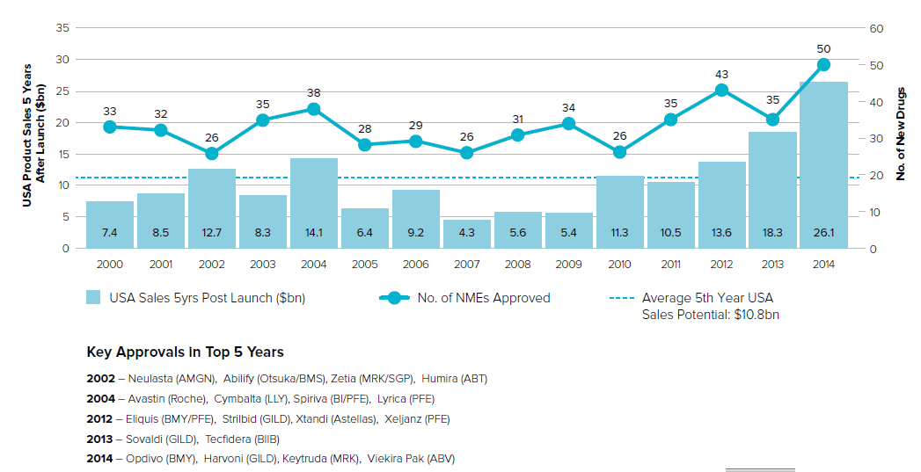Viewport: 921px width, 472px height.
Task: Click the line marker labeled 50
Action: tap(823, 64)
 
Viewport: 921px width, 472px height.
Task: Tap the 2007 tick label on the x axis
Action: tap(466, 263)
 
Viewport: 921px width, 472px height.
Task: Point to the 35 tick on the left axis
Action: tap(62, 28)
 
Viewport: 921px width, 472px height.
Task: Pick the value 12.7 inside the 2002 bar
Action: tap(211, 233)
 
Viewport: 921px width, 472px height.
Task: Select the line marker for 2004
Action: tap(313, 109)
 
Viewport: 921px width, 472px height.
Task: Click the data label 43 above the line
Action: tap(721, 75)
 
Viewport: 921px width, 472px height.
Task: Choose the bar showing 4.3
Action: tap(466, 234)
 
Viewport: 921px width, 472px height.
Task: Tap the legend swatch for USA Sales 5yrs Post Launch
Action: tap(94, 298)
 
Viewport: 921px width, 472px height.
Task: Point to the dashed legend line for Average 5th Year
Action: tap(621, 298)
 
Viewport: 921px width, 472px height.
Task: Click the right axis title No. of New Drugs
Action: tap(901, 134)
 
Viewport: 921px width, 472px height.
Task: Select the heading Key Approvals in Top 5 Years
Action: tap(185, 352)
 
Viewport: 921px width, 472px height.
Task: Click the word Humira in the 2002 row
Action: tap(438, 379)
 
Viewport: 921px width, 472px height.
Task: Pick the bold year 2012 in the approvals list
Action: tap(100, 419)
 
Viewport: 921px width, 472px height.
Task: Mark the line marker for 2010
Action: tap(619, 152)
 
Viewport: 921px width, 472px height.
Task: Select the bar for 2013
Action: tap(772, 190)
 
